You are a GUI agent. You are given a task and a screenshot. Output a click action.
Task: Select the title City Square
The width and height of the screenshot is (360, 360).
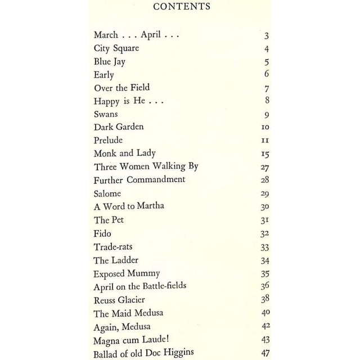(116, 48)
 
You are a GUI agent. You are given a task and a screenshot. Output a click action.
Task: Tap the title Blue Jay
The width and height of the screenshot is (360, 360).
(111, 62)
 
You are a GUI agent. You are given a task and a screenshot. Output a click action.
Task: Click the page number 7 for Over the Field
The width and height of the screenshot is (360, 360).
(267, 88)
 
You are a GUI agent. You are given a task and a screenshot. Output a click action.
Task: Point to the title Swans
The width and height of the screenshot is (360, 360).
(106, 114)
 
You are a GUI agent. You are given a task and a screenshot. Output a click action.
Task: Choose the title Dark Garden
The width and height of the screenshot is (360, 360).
(119, 127)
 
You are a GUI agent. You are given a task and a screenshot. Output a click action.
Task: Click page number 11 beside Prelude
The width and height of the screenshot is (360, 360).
(266, 141)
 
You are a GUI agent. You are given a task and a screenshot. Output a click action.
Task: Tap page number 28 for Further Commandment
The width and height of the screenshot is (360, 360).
(265, 180)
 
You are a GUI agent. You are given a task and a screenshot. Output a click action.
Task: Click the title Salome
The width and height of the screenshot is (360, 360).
(107, 193)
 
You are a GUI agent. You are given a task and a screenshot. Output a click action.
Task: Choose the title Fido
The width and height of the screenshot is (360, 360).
(103, 232)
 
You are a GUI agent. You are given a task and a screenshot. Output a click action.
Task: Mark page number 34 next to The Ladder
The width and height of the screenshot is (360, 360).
(265, 260)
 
